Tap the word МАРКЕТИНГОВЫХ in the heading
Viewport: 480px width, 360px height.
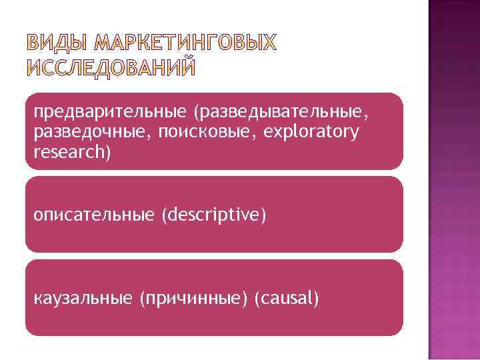click(185, 43)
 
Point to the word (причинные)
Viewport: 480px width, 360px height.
click(193, 299)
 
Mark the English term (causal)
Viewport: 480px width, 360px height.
click(287, 299)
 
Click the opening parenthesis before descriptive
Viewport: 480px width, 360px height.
click(164, 215)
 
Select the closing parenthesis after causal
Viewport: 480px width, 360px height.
click(316, 299)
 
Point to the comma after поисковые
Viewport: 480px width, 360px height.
click(257, 135)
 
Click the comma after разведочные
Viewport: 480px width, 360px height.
click(151, 135)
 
